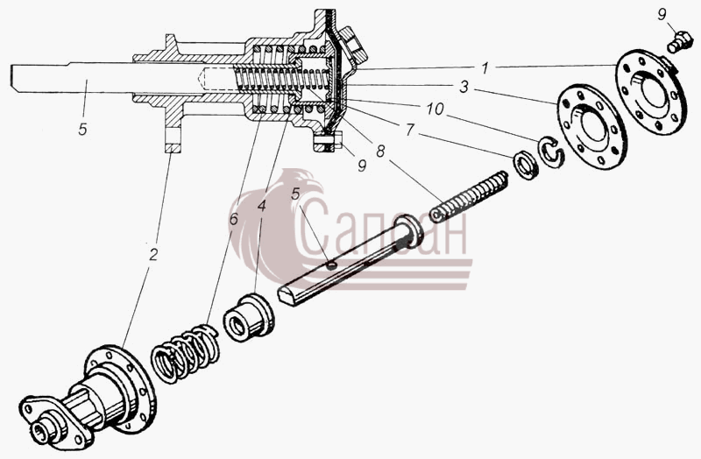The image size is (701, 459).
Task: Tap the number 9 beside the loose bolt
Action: click(662, 15)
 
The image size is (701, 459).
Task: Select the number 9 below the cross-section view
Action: click(362, 166)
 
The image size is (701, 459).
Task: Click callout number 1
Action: click(485, 68)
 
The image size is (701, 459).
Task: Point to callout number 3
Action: click(464, 87)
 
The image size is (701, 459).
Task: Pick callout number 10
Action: click(435, 109)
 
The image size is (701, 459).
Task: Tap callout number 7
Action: click(409, 130)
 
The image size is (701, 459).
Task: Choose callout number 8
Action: click(380, 152)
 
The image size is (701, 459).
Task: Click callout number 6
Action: click(233, 220)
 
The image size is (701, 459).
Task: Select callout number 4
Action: click(261, 206)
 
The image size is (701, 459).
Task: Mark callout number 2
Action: click(153, 255)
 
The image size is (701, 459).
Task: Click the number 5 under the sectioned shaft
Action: click(82, 129)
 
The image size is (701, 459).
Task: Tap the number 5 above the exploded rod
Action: click(295, 194)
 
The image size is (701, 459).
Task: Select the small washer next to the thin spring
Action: click(527, 166)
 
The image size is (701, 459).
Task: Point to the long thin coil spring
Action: click(469, 196)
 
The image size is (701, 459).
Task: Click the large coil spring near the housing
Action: click(185, 355)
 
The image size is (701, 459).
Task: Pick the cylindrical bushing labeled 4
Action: click(249, 318)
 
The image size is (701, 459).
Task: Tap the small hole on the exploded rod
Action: click(332, 265)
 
